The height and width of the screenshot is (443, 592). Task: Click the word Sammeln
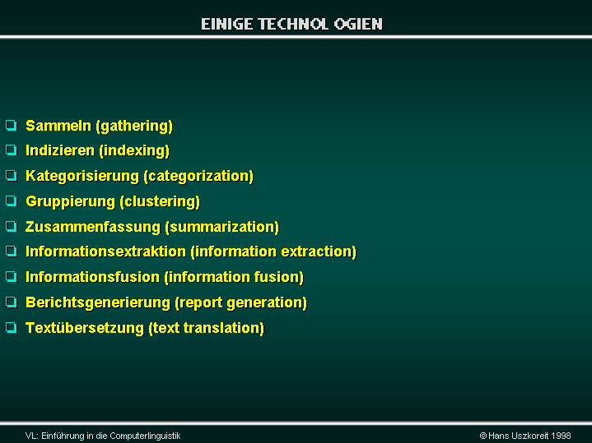pyautogui.click(x=58, y=126)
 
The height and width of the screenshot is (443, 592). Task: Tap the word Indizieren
pyautogui.click(x=60, y=150)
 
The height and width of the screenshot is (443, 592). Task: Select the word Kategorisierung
pyautogui.click(x=82, y=177)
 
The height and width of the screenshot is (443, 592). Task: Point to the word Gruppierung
pyautogui.click(x=70, y=201)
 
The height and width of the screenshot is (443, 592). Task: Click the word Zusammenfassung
pyautogui.click(x=93, y=227)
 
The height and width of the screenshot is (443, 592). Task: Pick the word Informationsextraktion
pyautogui.click(x=105, y=251)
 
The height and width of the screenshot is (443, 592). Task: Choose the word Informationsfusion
pyautogui.click(x=92, y=277)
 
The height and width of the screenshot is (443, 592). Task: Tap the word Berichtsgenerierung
pyautogui.click(x=98, y=303)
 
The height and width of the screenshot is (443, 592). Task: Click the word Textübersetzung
pyautogui.click(x=85, y=328)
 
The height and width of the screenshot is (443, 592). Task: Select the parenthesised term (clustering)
pyautogui.click(x=160, y=201)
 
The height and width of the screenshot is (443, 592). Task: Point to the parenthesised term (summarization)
pyautogui.click(x=222, y=227)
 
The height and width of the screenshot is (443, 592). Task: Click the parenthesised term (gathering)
pyautogui.click(x=134, y=126)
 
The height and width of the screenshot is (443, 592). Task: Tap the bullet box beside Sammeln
pyautogui.click(x=12, y=125)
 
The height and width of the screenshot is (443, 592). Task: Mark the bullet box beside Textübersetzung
pyautogui.click(x=12, y=327)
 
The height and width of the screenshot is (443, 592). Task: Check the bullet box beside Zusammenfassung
pyautogui.click(x=12, y=226)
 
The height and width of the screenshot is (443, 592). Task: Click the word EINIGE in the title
pyautogui.click(x=227, y=24)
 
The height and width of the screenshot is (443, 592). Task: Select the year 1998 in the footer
pyautogui.click(x=561, y=436)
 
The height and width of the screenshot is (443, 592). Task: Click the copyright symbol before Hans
pyautogui.click(x=482, y=436)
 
